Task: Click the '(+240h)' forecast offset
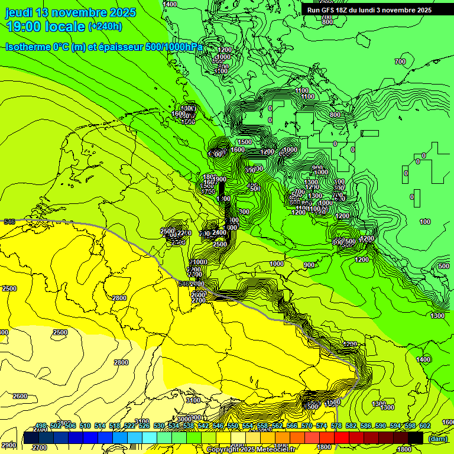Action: click(x=105, y=26)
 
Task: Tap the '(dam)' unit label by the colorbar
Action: click(x=438, y=438)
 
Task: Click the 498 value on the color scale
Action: click(x=41, y=426)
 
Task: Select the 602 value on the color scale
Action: click(x=425, y=426)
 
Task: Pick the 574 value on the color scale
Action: click(x=322, y=426)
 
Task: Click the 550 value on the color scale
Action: click(x=233, y=426)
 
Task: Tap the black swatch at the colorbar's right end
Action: click(x=416, y=438)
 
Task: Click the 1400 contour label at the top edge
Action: click(x=170, y=4)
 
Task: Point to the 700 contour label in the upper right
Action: click(x=400, y=61)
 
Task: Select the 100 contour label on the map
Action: click(x=425, y=222)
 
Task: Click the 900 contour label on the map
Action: click(x=309, y=265)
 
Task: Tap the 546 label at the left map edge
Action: click(x=9, y=222)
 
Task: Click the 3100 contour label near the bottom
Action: click(x=193, y=401)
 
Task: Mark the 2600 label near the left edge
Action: click(x=20, y=396)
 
